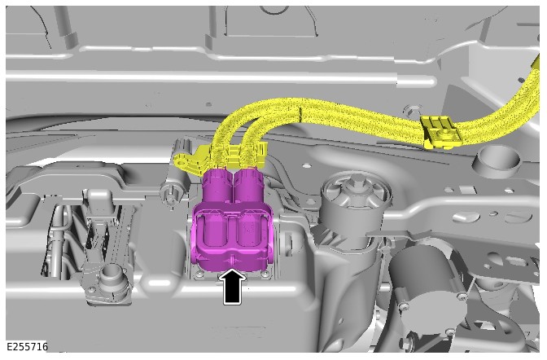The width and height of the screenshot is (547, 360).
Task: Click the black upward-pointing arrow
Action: click(233, 287)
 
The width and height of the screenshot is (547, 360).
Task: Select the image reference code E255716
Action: click(27, 346)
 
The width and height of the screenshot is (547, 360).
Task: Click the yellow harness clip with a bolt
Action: click(440, 133)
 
